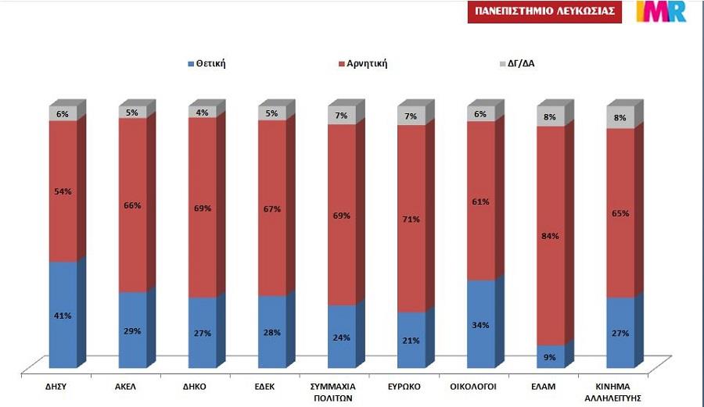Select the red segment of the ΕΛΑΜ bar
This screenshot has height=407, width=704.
(550, 195)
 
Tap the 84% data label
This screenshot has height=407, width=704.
(550, 237)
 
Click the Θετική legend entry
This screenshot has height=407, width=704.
(207, 63)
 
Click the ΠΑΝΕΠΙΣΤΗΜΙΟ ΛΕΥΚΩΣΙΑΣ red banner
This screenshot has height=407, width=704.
(544, 12)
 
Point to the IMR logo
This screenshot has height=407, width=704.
(661, 12)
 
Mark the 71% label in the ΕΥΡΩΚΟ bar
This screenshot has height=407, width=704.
(411, 220)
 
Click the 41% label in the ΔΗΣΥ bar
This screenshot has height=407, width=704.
(63, 316)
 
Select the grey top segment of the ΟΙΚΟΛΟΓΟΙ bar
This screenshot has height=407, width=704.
(480, 114)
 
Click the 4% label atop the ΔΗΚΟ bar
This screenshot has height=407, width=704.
(202, 112)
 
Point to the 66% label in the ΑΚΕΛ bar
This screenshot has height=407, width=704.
(132, 205)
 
